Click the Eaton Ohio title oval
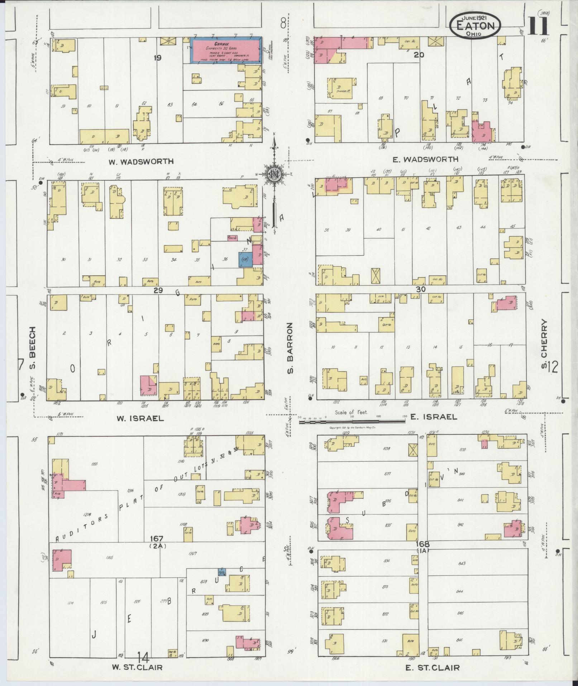click(475, 25)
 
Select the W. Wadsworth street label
click(141, 161)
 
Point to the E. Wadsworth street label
click(425, 159)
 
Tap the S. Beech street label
click(33, 342)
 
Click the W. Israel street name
click(140, 418)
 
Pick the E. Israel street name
click(433, 417)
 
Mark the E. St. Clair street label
click(432, 667)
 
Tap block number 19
click(157, 57)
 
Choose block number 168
click(423, 544)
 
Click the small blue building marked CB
click(245, 259)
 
